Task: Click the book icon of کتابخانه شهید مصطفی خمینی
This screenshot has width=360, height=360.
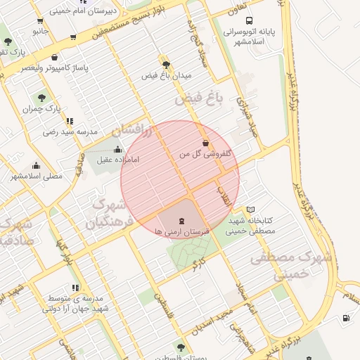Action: point(251,210)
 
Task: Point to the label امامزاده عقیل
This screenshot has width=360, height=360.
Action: point(118,160)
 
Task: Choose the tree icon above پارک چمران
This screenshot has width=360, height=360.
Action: point(43,98)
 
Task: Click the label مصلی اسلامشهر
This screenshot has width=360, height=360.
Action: point(36,176)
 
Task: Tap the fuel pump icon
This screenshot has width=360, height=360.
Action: point(347,318)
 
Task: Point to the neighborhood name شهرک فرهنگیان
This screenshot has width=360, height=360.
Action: point(109,214)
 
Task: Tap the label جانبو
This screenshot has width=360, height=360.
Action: point(40,31)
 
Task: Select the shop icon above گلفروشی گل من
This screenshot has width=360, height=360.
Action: point(205,143)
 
